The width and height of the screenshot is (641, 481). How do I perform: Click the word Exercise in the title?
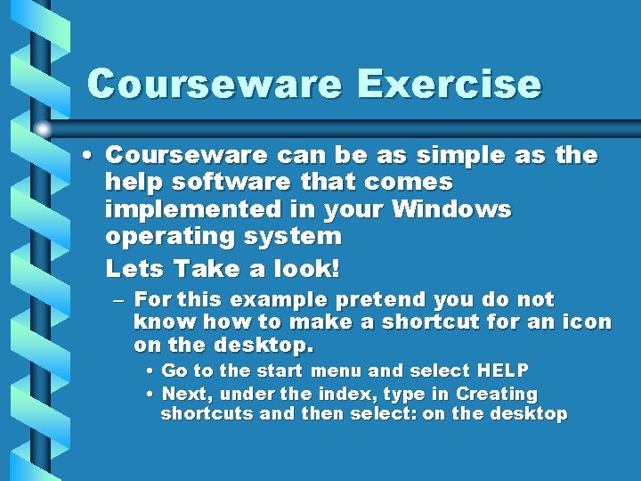point(449,85)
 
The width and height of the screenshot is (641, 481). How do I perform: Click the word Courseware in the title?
point(215,85)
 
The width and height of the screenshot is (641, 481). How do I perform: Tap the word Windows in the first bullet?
point(454,210)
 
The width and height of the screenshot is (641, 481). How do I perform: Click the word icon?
point(587,322)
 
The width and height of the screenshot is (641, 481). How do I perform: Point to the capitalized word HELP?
point(503,371)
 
